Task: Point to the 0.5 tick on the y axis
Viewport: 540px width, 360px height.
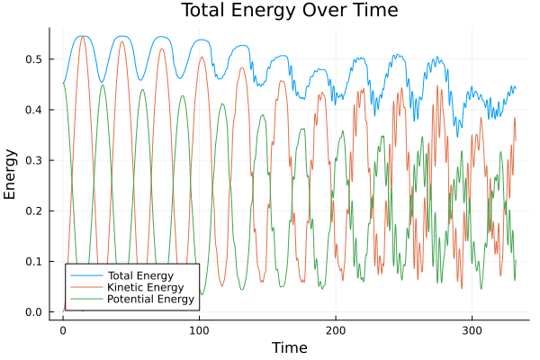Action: coord(38,59)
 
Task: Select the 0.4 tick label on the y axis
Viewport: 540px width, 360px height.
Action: coord(38,110)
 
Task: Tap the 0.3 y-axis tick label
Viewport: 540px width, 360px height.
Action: coord(38,160)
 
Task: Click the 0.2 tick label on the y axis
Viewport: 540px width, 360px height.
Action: coord(38,211)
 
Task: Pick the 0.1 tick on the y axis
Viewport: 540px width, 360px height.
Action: coord(38,262)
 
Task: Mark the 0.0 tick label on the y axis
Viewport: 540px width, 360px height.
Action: coord(38,312)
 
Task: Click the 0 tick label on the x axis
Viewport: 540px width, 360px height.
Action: coord(63,330)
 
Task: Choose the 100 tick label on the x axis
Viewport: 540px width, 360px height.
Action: coord(199,330)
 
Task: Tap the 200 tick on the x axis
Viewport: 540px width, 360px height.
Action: coord(336,330)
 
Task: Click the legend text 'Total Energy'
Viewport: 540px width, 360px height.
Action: coord(139,274)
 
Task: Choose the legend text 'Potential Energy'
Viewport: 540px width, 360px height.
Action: coord(149,300)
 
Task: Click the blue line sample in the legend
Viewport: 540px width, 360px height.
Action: coord(85,274)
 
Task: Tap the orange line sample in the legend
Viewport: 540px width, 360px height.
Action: coord(85,287)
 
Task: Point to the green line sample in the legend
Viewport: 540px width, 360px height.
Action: coord(85,300)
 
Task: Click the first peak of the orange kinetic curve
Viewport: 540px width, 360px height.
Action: coord(82,36)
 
